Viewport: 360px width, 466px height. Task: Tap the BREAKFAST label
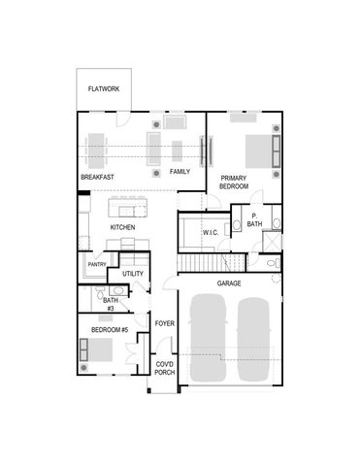98,177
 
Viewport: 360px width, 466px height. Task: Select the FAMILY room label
180,171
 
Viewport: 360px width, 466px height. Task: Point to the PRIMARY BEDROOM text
234,182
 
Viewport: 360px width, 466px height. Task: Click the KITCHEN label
122,227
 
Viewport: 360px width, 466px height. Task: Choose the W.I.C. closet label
211,233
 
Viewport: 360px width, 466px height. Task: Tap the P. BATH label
254,219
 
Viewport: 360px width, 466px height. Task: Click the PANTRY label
97,264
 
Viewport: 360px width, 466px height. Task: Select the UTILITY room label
133,274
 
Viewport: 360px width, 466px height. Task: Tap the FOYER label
164,323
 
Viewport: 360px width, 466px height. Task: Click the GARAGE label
229,283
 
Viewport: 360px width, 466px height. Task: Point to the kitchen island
127,207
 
